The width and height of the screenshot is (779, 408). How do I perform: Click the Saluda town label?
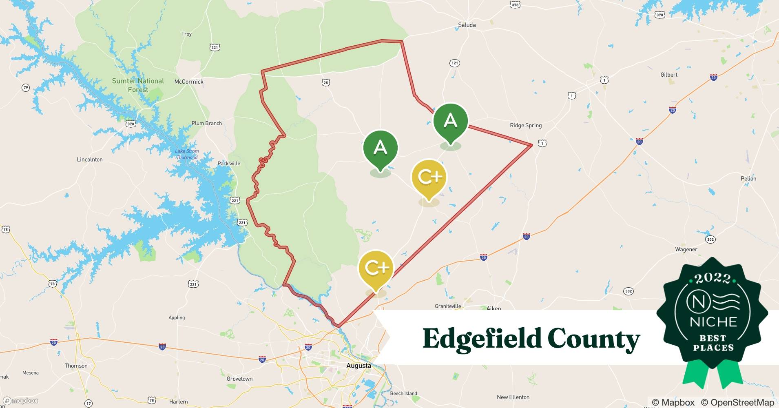(x=467, y=25)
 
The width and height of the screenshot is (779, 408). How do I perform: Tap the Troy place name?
(x=186, y=34)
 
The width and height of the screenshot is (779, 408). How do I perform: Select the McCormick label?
(x=189, y=82)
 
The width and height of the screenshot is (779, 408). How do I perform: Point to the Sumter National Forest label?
(x=138, y=85)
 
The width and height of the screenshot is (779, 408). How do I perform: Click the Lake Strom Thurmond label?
(x=187, y=154)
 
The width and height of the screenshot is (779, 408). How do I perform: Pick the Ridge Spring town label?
(x=526, y=125)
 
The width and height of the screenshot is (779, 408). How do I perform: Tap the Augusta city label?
(x=359, y=366)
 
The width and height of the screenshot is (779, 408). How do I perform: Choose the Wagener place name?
(x=686, y=249)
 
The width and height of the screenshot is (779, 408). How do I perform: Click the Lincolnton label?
(x=90, y=160)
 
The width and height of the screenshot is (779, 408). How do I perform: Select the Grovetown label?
(x=239, y=379)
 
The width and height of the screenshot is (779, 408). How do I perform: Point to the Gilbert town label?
(x=669, y=75)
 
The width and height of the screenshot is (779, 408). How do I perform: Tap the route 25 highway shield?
(x=325, y=82)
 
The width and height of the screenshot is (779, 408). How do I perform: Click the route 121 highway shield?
(x=454, y=63)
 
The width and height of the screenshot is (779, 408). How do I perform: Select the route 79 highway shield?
(x=26, y=87)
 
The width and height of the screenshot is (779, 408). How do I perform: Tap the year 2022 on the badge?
(x=712, y=278)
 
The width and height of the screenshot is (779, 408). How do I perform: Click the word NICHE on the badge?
(x=713, y=322)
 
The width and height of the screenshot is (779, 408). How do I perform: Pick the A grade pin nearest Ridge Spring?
(x=450, y=121)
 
